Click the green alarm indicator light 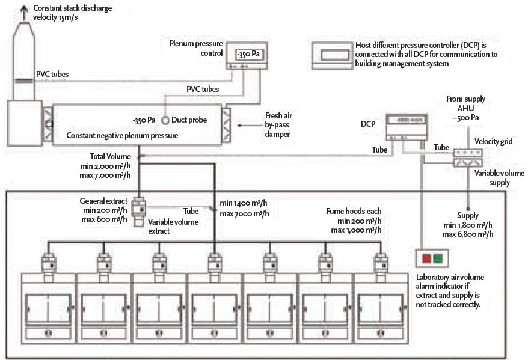click(x=438, y=259)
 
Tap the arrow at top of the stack click(x=25, y=9)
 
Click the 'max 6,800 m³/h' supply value click(x=469, y=234)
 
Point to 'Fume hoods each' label click(x=354, y=211)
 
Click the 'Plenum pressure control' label click(x=197, y=48)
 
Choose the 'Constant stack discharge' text click(x=73, y=8)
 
